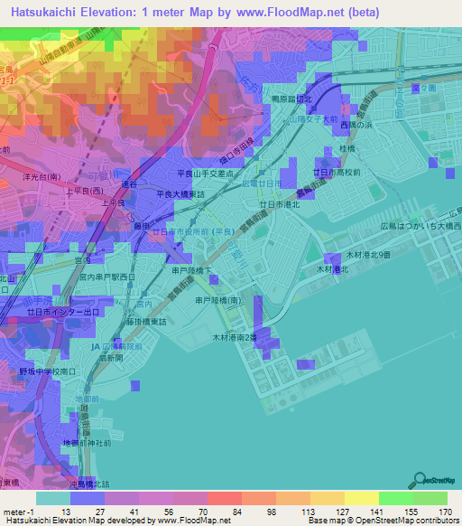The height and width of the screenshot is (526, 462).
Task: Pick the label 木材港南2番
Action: (234, 336)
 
